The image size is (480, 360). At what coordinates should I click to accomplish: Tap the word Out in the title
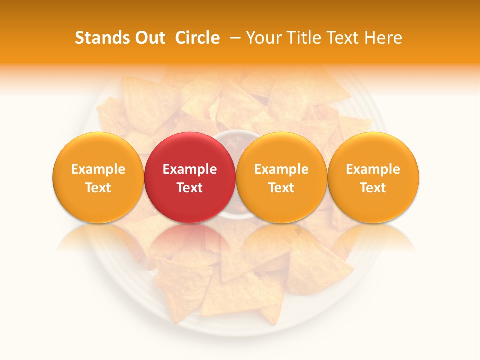coord(149,38)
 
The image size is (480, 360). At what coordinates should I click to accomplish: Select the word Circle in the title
coord(197,38)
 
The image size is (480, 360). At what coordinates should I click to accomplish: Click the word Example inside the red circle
coord(190,169)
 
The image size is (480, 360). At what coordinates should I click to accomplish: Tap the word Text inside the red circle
coord(190,188)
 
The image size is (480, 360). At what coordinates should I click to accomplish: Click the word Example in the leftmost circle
coord(98,169)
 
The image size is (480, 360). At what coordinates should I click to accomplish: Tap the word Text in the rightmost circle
coord(373,188)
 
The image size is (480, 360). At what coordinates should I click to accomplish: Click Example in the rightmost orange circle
coord(373,169)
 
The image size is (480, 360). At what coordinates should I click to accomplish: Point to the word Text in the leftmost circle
coord(98,188)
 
